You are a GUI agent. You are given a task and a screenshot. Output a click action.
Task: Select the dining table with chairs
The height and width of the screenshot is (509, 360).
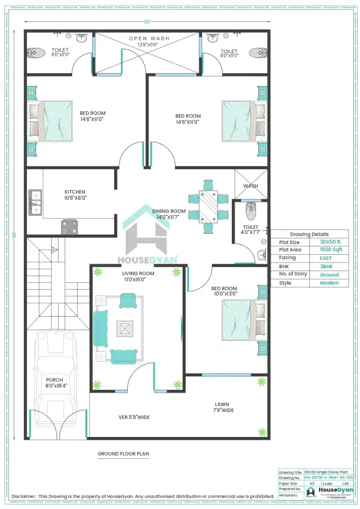tap(208, 205)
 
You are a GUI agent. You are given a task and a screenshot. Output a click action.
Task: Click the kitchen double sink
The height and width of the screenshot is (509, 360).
tap(35, 204)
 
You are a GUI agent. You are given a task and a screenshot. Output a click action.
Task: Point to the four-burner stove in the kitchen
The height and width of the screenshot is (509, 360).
tap(69, 227)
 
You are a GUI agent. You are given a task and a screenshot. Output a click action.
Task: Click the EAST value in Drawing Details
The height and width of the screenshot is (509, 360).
tap(326, 258)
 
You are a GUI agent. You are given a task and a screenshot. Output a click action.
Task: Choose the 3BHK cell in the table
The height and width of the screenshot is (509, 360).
tap(326, 266)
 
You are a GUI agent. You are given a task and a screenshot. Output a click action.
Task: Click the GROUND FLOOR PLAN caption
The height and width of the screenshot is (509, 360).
tap(123, 453)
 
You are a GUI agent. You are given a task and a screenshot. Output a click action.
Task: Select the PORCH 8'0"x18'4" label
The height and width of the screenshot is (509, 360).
tap(55, 383)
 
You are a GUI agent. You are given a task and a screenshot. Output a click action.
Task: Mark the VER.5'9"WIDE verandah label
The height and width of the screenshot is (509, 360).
tap(133, 417)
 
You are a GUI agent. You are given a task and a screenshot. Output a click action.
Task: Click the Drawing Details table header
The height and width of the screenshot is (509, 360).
tap(309, 234)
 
